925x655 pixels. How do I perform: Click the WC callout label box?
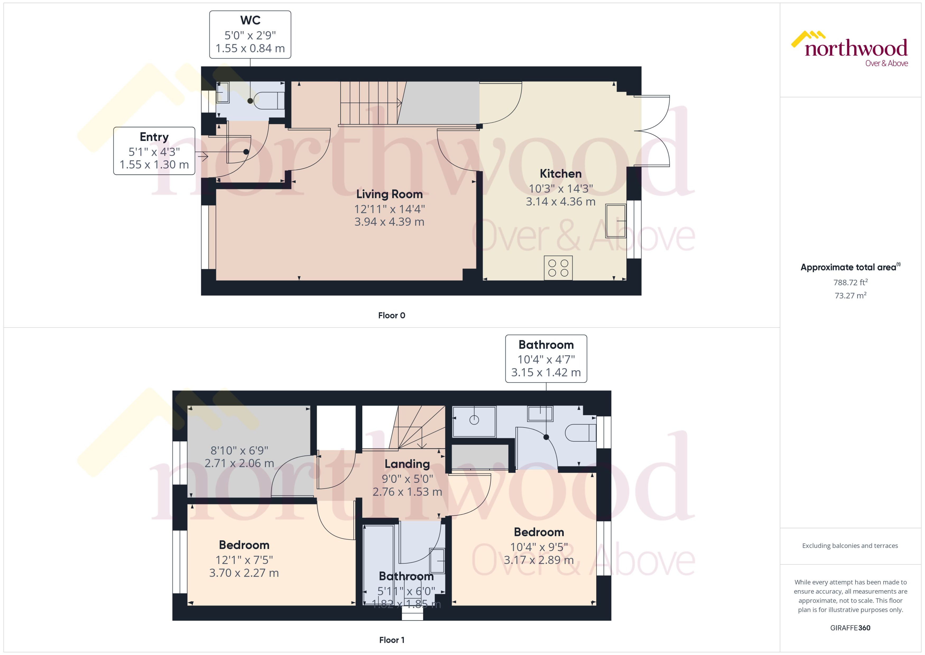click(x=250, y=35)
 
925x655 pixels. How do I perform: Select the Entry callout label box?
click(x=154, y=151)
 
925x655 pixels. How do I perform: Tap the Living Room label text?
click(x=389, y=194)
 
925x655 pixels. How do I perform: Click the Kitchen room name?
click(x=560, y=174)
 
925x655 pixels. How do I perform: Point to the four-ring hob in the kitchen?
click(x=558, y=268)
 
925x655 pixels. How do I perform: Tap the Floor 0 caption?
click(x=391, y=315)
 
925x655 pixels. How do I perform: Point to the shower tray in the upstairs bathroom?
click(x=474, y=422)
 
